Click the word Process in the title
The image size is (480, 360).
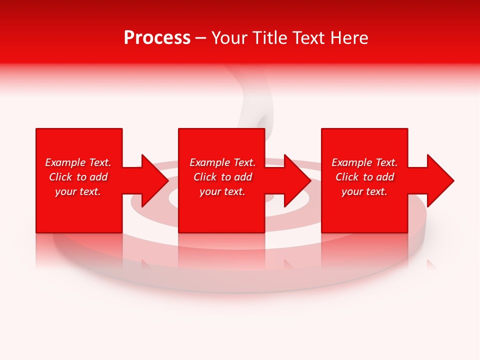(157, 38)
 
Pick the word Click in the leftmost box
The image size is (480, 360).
(60, 177)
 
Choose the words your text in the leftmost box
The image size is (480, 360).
(78, 191)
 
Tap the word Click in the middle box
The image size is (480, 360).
(204, 177)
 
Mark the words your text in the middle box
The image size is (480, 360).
(222, 191)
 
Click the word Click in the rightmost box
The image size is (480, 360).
(346, 177)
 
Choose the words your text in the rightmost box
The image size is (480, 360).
(364, 191)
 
